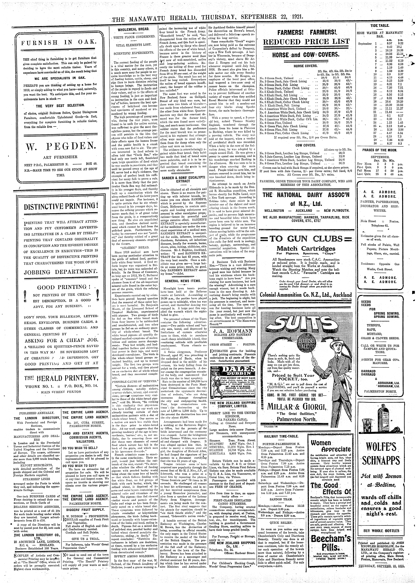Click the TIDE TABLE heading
pos(379,26)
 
